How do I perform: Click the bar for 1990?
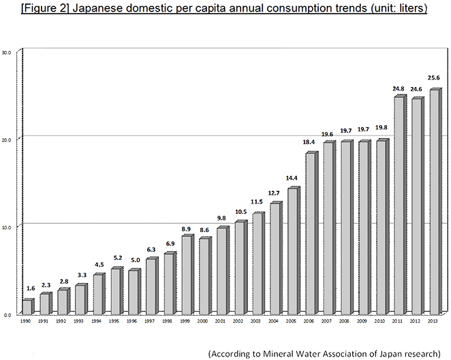click(28, 306)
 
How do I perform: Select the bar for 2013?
click(435, 201)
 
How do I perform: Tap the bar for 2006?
click(311, 233)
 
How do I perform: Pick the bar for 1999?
click(187, 274)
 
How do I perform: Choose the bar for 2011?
click(400, 205)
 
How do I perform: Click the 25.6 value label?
click(434, 78)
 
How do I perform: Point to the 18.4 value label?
click(309, 142)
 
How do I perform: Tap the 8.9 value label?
click(186, 229)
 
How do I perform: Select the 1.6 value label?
click(31, 288)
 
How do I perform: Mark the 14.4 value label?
click(292, 178)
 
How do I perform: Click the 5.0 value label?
click(135, 260)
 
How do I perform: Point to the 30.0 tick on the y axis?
click(6, 52)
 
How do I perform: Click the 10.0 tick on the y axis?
click(6, 227)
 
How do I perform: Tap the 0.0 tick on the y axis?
click(7, 315)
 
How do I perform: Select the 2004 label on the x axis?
click(273, 321)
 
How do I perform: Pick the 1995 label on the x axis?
click(114, 321)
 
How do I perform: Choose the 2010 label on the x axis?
click(379, 321)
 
